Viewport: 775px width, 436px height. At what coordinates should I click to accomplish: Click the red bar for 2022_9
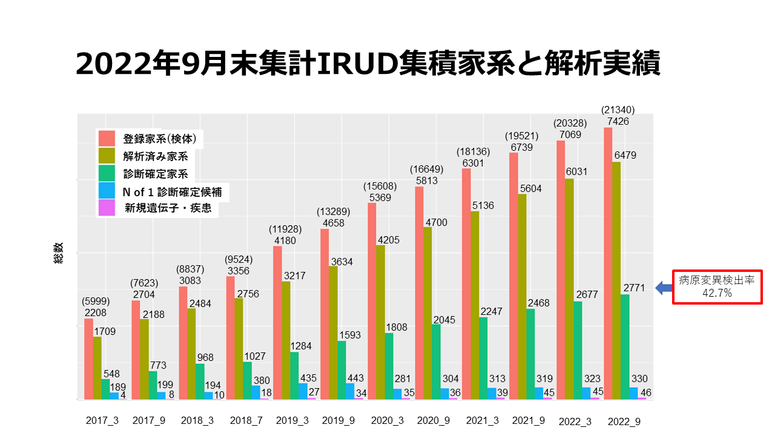click(x=608, y=263)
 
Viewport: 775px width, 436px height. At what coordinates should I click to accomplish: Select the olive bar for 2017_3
click(x=97, y=368)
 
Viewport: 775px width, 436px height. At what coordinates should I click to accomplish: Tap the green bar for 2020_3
click(x=389, y=366)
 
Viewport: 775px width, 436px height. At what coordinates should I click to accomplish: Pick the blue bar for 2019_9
click(x=350, y=391)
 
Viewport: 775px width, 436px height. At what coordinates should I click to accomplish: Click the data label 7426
click(x=618, y=121)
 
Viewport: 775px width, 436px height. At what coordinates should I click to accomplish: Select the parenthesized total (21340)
click(x=618, y=110)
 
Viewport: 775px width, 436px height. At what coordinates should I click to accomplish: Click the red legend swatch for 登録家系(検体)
click(x=107, y=138)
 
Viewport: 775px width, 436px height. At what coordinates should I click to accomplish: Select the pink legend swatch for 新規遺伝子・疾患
click(x=107, y=208)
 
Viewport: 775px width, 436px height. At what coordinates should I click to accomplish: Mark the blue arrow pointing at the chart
click(x=664, y=288)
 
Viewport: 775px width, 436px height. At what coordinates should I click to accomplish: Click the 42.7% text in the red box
click(x=717, y=293)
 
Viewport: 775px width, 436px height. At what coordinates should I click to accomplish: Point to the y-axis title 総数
click(x=58, y=257)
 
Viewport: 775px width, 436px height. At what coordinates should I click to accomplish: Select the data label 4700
click(x=436, y=222)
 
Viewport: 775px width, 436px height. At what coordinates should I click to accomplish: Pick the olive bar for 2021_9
click(x=522, y=297)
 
